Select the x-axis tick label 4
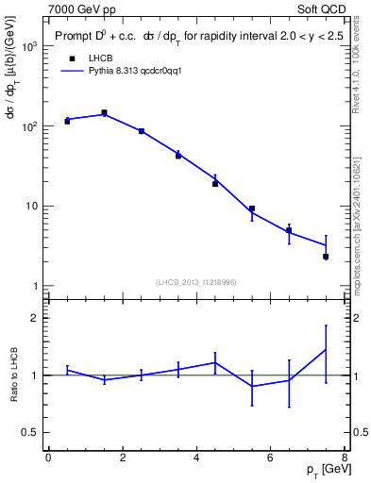(x=196, y=458)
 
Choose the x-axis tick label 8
(x=345, y=458)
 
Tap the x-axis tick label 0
(x=48, y=458)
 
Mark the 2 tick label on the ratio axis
(x=34, y=318)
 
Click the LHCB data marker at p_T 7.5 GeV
(x=326, y=257)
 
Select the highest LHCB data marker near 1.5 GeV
(x=104, y=113)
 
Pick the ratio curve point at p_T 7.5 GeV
(x=326, y=350)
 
